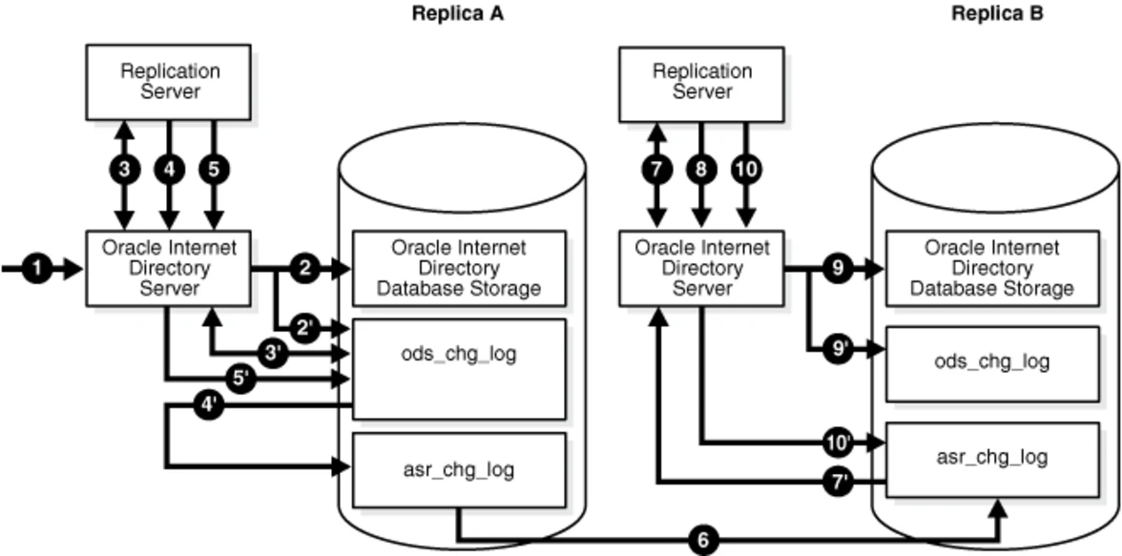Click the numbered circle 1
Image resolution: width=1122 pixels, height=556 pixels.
[36, 269]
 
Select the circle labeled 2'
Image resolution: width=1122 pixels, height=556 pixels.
[305, 328]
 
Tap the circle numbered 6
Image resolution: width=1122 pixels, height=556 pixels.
[704, 541]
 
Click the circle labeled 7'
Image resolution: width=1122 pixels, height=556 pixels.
[837, 483]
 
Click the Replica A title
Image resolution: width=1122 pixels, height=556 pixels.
[457, 14]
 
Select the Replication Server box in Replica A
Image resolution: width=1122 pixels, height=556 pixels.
[169, 82]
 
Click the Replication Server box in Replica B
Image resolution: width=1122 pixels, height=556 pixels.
[702, 82]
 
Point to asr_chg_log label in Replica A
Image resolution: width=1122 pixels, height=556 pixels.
[459, 469]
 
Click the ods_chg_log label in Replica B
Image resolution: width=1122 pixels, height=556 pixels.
[992, 361]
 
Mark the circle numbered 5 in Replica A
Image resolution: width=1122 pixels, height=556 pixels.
[214, 169]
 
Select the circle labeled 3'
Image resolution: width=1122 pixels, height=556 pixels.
[276, 353]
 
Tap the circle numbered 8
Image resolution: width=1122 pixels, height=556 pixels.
[701, 169]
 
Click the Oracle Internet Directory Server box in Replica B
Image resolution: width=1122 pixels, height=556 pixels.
[701, 269]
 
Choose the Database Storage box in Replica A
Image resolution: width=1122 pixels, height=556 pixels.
[459, 268]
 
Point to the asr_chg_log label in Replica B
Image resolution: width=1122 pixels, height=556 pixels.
[992, 457]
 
